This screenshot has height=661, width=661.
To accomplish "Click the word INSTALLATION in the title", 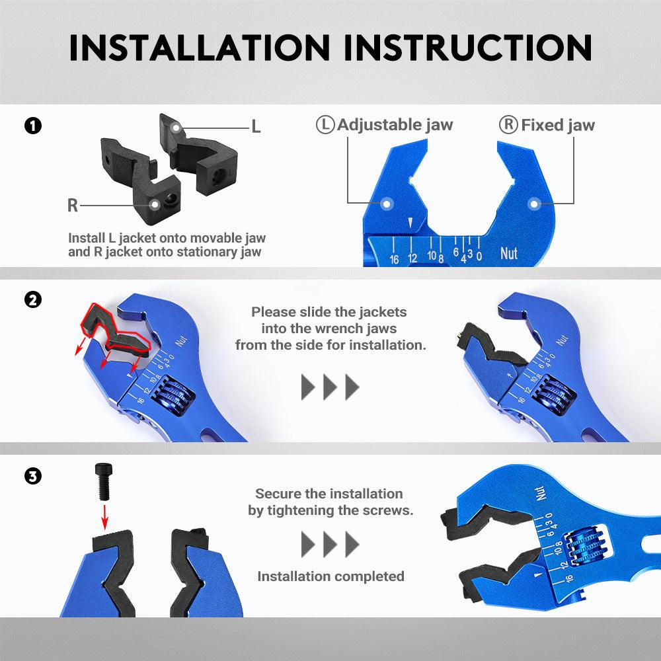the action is tap(200, 48).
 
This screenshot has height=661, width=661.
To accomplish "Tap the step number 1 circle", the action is tap(33, 126).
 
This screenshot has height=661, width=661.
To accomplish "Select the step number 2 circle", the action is tap(33, 300).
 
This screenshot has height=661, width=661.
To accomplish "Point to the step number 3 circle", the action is tap(33, 477).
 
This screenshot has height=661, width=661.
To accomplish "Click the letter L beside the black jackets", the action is tap(256, 126).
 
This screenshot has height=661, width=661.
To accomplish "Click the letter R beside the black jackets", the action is tap(73, 206).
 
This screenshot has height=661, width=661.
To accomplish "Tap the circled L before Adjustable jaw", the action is tap(325, 125).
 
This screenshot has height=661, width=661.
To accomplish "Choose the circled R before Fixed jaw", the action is tap(508, 125).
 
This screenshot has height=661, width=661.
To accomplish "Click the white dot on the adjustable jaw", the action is tap(386, 204).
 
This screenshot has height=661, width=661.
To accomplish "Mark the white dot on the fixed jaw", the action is tap(533, 204).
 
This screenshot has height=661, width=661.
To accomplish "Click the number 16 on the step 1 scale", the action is tap(394, 259).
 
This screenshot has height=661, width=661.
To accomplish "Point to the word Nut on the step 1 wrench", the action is tap(509, 253).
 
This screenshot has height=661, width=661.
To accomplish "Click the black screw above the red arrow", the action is tap(104, 481).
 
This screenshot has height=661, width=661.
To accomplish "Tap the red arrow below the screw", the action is tap(104, 517).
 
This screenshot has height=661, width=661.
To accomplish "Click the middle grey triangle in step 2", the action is tap(330, 387).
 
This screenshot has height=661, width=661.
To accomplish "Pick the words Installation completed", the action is tap(331, 576).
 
